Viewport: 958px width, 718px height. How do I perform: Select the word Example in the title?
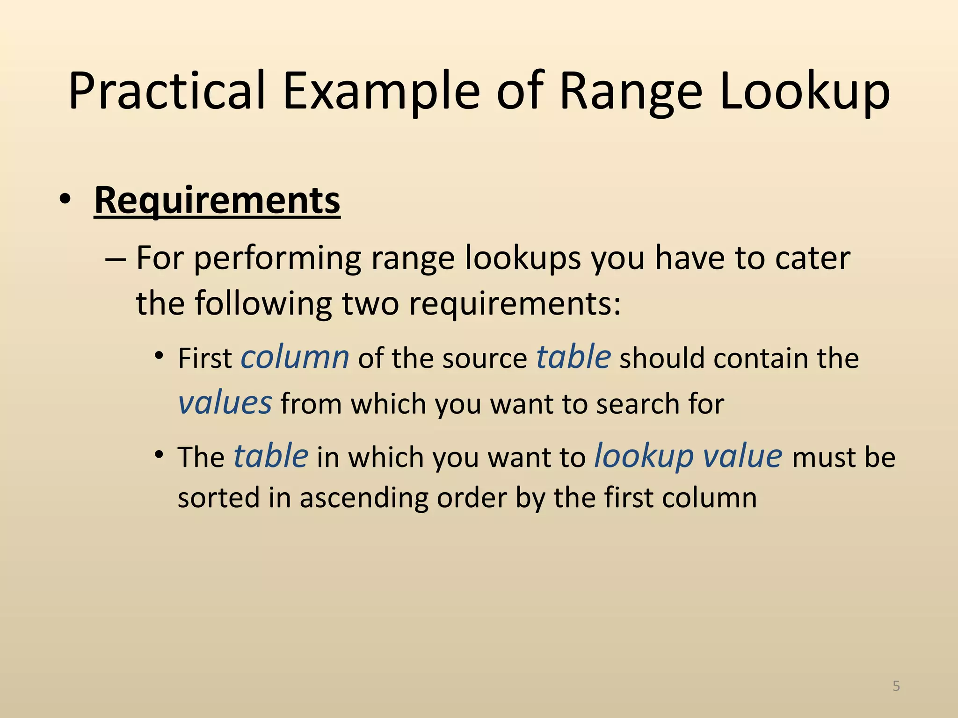coord(381,91)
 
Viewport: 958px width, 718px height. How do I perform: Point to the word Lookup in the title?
coord(805,91)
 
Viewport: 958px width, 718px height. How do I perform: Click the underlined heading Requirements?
coord(217,200)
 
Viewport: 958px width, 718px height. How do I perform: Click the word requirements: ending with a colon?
coord(515,304)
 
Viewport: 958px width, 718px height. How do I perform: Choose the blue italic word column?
coord(295,357)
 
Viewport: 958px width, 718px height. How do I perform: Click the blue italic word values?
coord(225,402)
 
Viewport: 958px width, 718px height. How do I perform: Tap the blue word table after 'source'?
coord(573,357)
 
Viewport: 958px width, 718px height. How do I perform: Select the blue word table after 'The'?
coord(271,456)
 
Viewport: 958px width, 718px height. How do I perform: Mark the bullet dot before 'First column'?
coord(160,356)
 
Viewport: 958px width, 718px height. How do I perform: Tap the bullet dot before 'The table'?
coord(160,455)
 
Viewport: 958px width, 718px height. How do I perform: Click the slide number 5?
coord(896,686)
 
